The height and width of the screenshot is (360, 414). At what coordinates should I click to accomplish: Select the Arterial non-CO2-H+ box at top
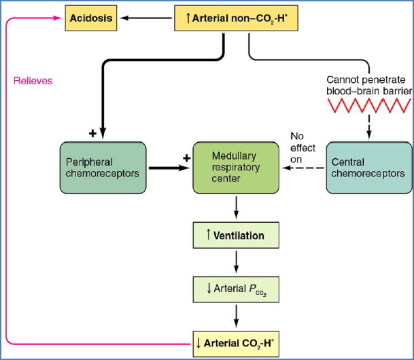pos(236,18)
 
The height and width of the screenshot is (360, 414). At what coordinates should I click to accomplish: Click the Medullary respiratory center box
pos(235,167)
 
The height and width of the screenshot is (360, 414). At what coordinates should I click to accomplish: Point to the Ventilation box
pos(235,236)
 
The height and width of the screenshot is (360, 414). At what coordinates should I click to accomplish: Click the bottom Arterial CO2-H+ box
pos(235,342)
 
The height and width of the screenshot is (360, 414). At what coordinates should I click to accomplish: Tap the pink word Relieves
pos(33,81)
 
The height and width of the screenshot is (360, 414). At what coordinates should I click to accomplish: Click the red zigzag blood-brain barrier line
pos(370,105)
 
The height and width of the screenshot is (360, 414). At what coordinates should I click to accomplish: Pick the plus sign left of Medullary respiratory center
pos(184,158)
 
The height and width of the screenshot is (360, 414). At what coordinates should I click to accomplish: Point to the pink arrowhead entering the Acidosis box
pos(59,19)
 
